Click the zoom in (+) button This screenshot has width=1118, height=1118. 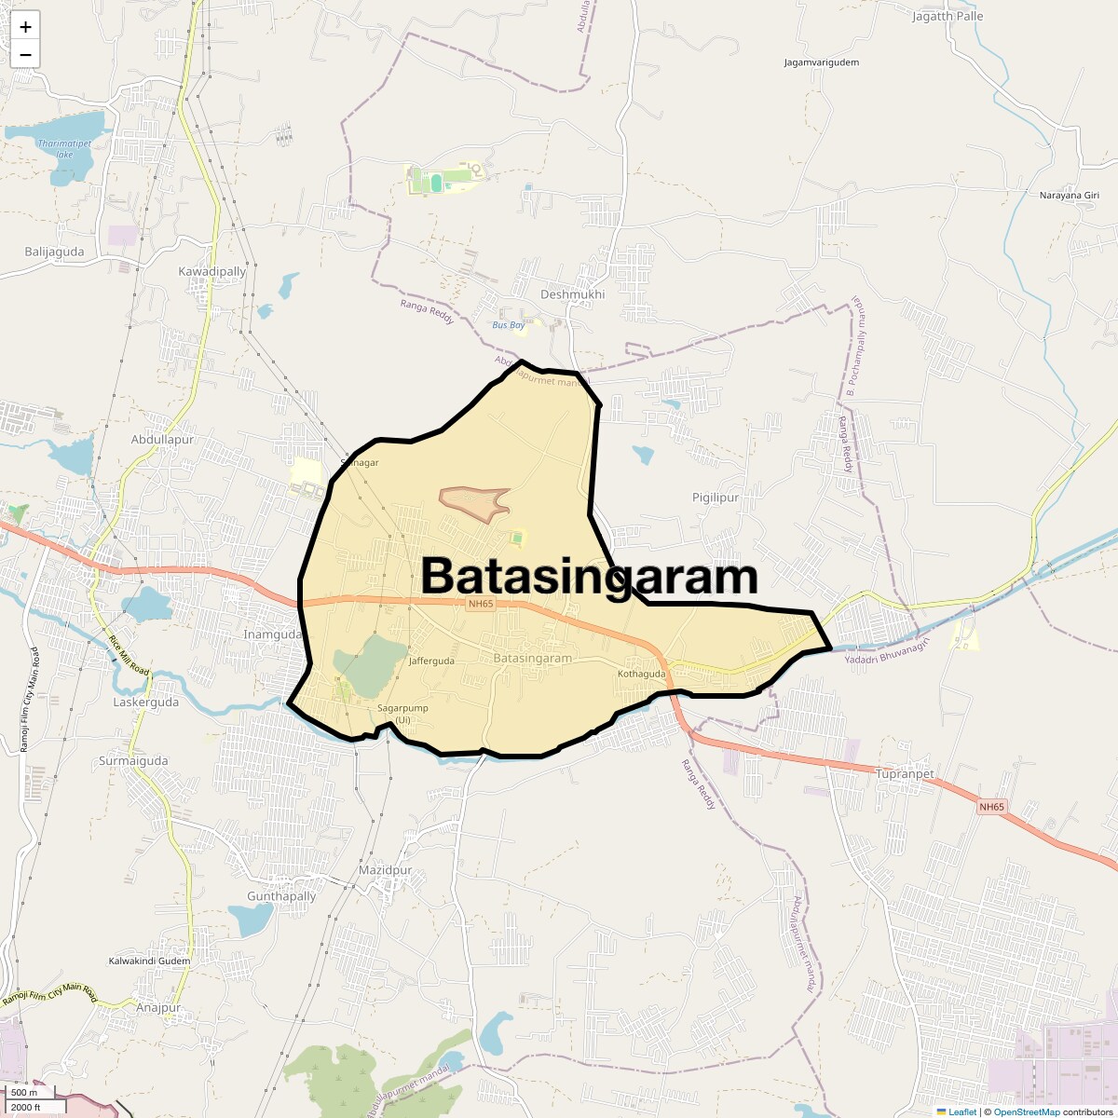(25, 26)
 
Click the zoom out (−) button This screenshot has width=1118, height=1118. (25, 54)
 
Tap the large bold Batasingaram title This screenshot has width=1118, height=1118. (590, 577)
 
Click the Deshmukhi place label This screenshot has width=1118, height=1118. (572, 294)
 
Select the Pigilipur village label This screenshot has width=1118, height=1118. (716, 498)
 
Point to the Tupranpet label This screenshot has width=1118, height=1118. (905, 774)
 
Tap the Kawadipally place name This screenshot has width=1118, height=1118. (212, 271)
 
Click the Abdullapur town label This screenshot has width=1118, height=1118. (162, 439)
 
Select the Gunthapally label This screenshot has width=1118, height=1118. (281, 896)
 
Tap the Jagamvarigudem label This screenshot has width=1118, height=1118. (821, 62)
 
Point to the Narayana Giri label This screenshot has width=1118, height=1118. (1070, 195)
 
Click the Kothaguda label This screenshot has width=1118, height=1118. (641, 674)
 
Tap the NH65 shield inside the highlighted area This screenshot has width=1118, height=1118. (480, 605)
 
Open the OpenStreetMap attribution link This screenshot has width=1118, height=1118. (1026, 1111)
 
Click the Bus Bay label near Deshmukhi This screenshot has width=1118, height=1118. (509, 325)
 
